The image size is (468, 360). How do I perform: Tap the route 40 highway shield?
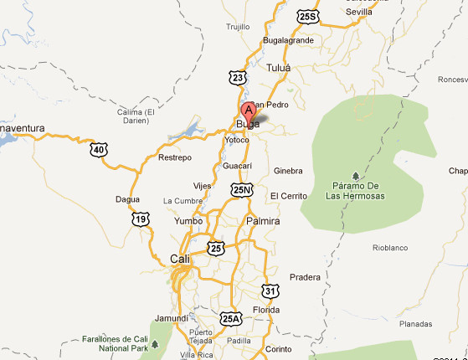coord(99,149)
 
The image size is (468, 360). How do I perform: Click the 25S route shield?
coord(308,16)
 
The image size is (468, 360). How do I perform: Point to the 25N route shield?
coord(243,191)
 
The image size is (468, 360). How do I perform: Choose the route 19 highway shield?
coord(140,219)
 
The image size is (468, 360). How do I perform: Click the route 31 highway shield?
coord(269,291)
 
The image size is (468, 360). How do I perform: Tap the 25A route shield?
coord(231,318)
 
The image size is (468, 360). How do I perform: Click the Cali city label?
coord(180,259)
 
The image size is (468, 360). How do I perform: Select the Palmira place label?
coord(263,221)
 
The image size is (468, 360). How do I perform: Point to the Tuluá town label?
coord(277,67)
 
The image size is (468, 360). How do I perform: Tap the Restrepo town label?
coord(175,157)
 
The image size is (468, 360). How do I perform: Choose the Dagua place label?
coord(129,199)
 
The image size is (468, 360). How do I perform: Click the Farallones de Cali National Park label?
coord(116,342)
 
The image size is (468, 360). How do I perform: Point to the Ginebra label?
coord(287,171)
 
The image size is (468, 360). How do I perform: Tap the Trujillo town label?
coord(238,27)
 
